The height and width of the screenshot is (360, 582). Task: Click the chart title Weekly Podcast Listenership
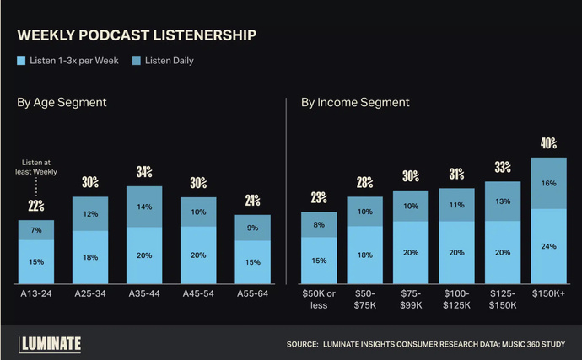point(137,35)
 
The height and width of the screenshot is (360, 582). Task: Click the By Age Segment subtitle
point(62,103)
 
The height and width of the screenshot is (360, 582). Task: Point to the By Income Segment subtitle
point(355,103)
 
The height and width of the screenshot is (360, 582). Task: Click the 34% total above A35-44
point(144,173)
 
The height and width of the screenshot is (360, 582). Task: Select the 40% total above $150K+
point(548,144)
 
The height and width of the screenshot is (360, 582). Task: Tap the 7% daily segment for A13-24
point(36,230)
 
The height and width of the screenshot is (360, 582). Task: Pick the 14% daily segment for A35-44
point(144,207)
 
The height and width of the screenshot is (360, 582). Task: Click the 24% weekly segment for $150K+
point(548,247)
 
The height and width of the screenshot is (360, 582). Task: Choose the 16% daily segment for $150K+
point(548,183)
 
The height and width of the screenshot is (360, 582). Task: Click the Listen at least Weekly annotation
point(35,167)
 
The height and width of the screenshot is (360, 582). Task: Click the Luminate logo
point(51,343)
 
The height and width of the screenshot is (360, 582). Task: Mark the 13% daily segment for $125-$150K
point(503,201)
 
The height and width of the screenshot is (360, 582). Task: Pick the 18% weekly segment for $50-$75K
point(364,254)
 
